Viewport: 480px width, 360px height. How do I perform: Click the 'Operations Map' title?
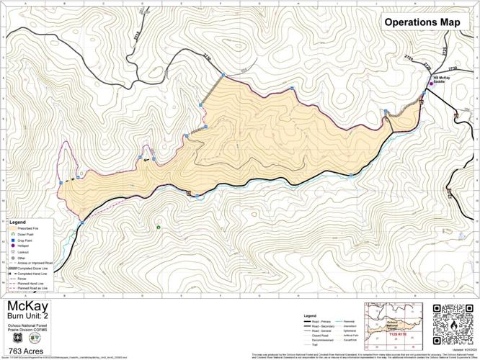[422, 22]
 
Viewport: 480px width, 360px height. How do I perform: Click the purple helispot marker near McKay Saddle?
[431, 84]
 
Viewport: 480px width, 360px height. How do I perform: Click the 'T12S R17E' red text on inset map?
[398, 335]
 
